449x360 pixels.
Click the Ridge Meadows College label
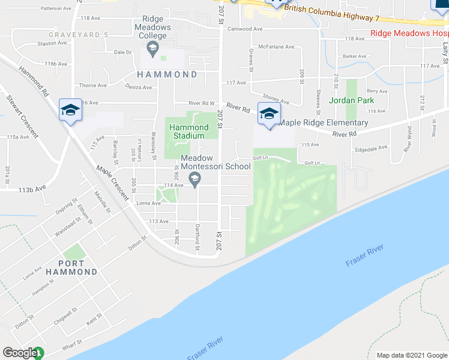pos(152,28)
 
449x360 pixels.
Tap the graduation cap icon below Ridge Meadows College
pos(152,46)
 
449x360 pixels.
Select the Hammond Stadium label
pos(188,131)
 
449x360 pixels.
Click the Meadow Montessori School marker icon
pos(194,178)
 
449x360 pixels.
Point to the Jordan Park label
pos(351,100)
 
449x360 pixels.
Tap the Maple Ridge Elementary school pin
pos(269,113)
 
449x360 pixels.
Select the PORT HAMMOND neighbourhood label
pos(78,267)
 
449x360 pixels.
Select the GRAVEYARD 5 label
pos(78,35)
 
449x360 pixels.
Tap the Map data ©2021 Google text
pos(412,355)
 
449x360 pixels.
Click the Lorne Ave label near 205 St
pos(148,203)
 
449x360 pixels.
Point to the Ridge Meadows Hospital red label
pos(408,34)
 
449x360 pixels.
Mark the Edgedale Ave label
pos(372,147)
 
